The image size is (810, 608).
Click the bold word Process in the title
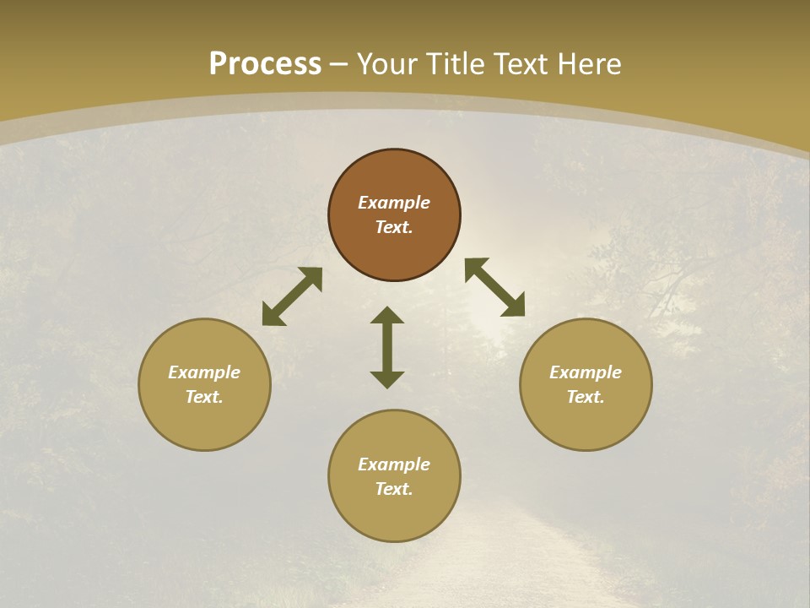tap(265, 64)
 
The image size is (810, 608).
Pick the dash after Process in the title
tap(339, 65)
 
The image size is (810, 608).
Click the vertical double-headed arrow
tap(387, 347)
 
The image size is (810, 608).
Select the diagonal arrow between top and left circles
tap(292, 296)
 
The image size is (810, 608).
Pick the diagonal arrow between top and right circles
tap(494, 287)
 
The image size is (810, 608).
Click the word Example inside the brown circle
tap(394, 203)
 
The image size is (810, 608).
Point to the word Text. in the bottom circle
tap(394, 489)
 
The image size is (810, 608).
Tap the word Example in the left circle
tap(204, 372)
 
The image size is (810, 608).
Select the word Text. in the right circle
tap(586, 397)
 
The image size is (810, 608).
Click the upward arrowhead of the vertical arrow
tap(387, 315)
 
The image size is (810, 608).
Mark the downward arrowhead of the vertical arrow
tap(387, 379)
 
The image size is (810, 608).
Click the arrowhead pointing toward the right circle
tap(514, 306)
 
